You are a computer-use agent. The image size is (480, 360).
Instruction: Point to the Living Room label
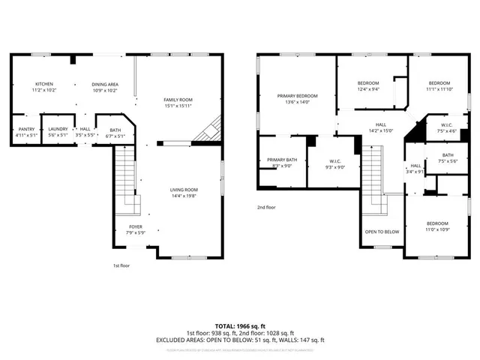[184, 193]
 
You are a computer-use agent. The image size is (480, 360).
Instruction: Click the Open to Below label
[382, 232]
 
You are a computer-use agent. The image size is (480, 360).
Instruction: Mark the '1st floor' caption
[121, 265]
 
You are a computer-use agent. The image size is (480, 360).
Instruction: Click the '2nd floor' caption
[266, 207]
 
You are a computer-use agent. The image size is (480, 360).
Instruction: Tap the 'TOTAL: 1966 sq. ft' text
[240, 326]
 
